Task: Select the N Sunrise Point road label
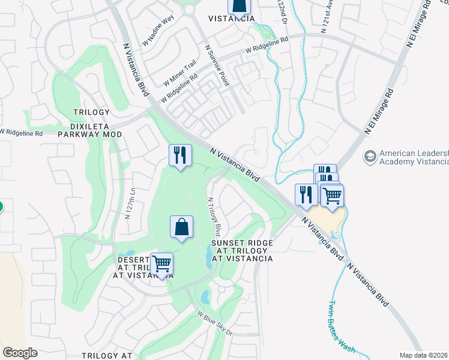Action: tap(217, 65)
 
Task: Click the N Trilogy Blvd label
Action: tap(214, 217)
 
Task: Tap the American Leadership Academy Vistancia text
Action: tap(414, 158)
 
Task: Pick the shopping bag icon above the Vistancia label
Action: tap(238, 6)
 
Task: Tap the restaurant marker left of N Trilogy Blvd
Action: tap(180, 155)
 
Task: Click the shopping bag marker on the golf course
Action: tap(181, 227)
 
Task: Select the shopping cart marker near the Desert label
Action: tap(161, 264)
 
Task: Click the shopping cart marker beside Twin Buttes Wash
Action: tap(332, 194)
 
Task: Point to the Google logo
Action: tap(20, 352)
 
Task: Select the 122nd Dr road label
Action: tap(282, 12)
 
